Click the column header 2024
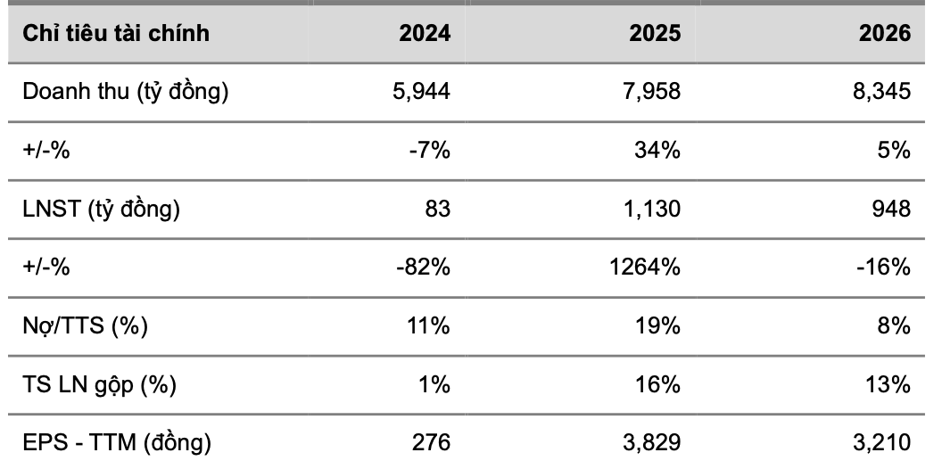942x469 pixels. (x=425, y=33)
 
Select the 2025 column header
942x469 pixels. (x=655, y=33)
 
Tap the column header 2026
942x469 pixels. (x=885, y=33)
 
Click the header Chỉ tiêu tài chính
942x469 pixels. (x=116, y=33)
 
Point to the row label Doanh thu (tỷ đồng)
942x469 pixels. (x=126, y=92)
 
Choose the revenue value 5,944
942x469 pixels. (x=421, y=92)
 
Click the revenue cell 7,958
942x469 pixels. (x=652, y=92)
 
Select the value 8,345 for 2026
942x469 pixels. (x=882, y=92)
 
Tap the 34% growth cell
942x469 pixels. (x=657, y=150)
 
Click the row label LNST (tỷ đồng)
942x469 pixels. (x=101, y=209)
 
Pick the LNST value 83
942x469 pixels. (x=439, y=209)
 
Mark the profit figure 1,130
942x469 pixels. (x=652, y=209)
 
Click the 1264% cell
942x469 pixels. (x=645, y=267)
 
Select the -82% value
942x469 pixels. (x=424, y=267)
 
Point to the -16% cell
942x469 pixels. (x=884, y=267)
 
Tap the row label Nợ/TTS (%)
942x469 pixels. (x=85, y=326)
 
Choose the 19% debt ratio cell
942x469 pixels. (x=657, y=326)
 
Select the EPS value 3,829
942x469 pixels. (x=652, y=443)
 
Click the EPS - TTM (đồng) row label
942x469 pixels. (x=117, y=443)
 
